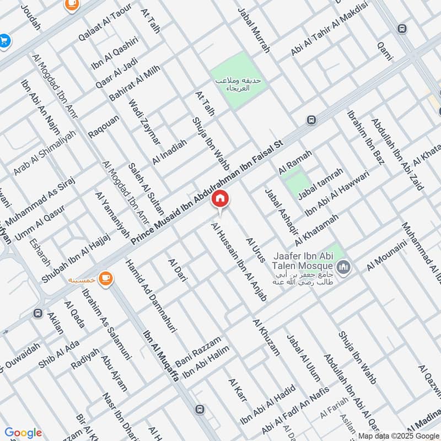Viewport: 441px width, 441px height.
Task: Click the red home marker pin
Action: [x=220, y=199]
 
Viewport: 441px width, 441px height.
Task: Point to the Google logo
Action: [x=23, y=433]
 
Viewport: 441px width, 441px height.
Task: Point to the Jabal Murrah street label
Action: [x=254, y=30]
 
